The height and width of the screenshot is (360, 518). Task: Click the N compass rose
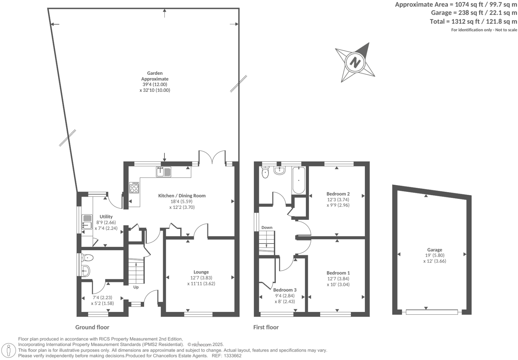click(x=355, y=62)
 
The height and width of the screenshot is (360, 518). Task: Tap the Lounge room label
click(x=201, y=272)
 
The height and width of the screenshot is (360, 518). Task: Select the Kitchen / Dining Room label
click(x=182, y=196)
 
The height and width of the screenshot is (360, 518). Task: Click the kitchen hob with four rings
click(x=134, y=188)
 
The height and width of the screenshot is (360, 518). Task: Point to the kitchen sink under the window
click(x=163, y=172)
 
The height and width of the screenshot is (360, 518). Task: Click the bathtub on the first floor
click(x=298, y=181)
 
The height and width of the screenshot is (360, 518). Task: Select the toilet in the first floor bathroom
click(x=266, y=173)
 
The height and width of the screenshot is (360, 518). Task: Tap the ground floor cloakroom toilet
click(x=88, y=258)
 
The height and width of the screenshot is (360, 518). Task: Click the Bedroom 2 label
click(x=338, y=194)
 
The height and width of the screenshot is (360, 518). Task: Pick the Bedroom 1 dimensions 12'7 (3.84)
click(x=338, y=279)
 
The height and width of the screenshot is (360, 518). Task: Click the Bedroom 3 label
click(x=285, y=290)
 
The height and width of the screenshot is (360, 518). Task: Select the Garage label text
click(x=434, y=250)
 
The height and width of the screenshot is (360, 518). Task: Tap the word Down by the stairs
click(x=267, y=228)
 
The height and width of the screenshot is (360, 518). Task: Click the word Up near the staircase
click(x=136, y=287)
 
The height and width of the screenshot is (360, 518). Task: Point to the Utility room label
click(x=106, y=217)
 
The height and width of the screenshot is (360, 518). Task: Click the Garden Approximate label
click(x=155, y=76)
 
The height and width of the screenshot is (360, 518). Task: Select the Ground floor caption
click(x=92, y=327)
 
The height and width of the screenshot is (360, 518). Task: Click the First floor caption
click(x=266, y=327)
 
